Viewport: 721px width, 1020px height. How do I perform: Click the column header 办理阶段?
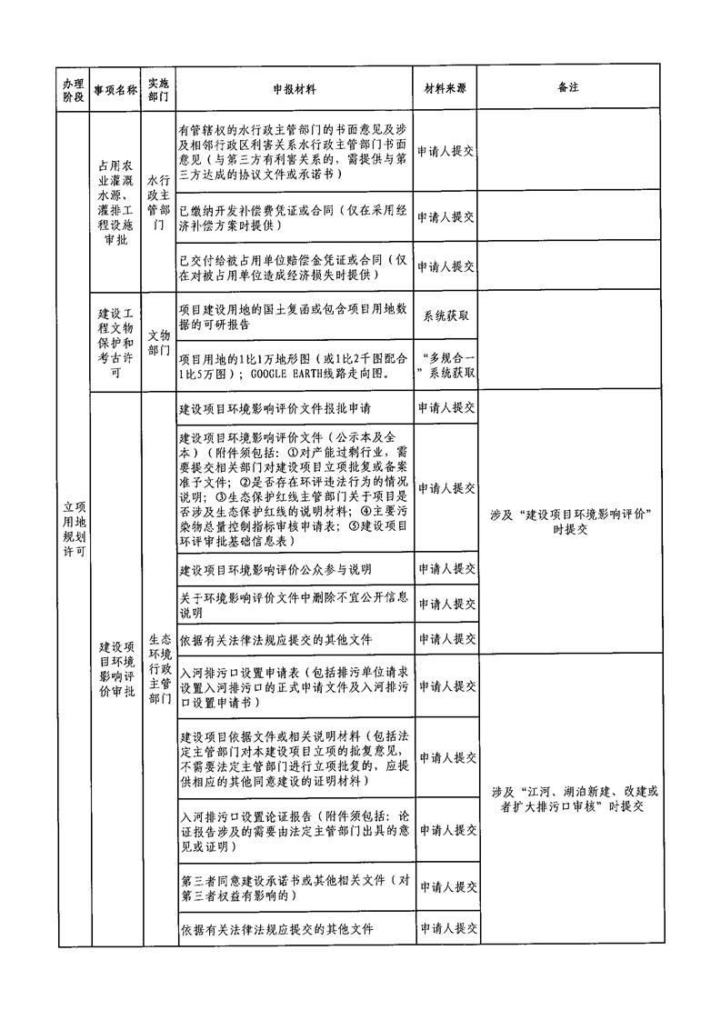tap(73, 89)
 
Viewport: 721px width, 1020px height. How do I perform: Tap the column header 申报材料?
tap(294, 89)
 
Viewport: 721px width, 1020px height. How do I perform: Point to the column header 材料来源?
tap(446, 88)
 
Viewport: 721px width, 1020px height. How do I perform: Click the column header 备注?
tap(568, 87)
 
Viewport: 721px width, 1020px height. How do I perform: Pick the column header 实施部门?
tap(158, 89)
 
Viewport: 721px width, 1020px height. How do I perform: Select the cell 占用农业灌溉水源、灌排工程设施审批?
tap(115, 203)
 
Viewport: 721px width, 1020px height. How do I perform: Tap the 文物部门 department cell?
tap(159, 342)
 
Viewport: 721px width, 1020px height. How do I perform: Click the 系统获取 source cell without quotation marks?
tap(446, 315)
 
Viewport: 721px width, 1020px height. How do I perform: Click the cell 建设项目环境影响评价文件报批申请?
tap(275, 408)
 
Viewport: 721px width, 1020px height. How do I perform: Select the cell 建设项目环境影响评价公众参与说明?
tap(275, 570)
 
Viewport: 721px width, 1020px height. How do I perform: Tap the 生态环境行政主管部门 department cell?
tap(160, 669)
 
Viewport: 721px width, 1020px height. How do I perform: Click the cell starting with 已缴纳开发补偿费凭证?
tap(293, 218)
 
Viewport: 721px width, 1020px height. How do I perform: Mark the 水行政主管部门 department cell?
tap(159, 203)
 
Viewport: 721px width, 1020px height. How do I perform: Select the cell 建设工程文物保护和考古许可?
tap(115, 343)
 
